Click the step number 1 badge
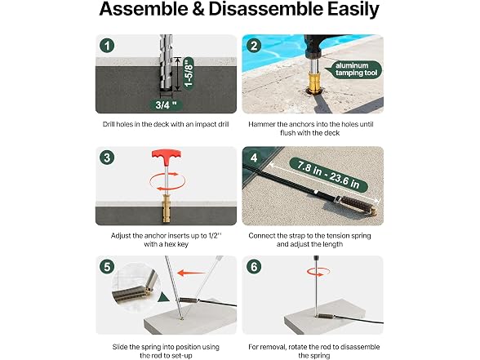point(107,46)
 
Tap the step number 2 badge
point(254,46)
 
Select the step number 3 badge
point(107,158)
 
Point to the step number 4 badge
point(254,158)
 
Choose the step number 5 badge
point(107,267)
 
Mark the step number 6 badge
point(254,267)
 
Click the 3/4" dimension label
point(167,105)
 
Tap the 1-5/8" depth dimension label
point(189,72)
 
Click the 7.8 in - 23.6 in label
point(328,175)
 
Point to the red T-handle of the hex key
point(167,157)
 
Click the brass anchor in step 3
point(167,208)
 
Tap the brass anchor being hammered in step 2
point(314,82)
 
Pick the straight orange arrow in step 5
point(191,273)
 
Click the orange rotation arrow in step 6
point(318,272)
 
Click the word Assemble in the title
point(144,9)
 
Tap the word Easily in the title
point(353,10)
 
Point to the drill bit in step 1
point(167,62)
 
